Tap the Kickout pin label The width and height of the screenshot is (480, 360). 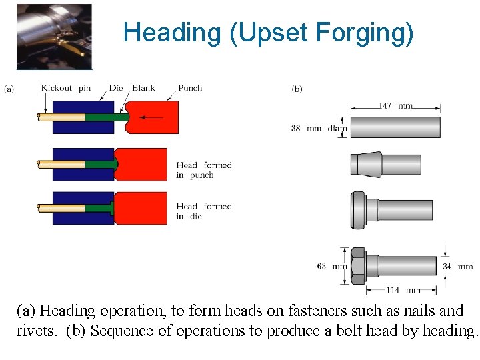pos(65,88)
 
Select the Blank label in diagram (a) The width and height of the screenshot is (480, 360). pos(143,88)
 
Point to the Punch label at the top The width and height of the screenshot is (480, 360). pos(190,88)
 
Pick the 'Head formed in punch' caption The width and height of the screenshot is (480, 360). pos(204,170)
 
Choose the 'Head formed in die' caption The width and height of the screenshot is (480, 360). pos(204,211)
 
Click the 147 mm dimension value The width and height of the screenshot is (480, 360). pos(395,106)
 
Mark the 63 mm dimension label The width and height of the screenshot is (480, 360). pos(331,266)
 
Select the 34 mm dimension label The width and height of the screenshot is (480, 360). pos(457,267)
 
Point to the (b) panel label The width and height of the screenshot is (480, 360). pos(297,89)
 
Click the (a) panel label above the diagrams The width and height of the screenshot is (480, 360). pos(10,88)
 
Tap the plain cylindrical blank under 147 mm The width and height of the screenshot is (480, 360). pos(395,127)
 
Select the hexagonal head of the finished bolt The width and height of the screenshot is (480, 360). pos(357,266)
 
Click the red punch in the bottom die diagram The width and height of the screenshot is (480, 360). pos(140,208)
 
